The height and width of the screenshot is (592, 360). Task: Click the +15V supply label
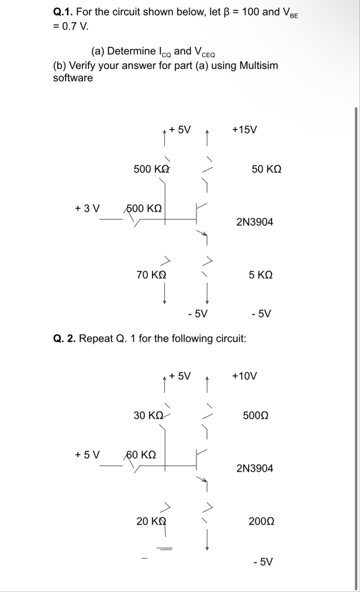[x=244, y=130]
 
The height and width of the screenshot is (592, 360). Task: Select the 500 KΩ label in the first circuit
[x=151, y=169]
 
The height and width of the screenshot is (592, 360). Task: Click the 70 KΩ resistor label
[x=151, y=274]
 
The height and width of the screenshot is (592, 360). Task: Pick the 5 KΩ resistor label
[x=260, y=274]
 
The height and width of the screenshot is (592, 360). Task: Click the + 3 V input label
[x=87, y=208]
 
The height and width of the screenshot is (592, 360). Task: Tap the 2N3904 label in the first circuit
[x=255, y=222]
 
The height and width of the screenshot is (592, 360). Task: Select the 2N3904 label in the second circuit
[x=255, y=468]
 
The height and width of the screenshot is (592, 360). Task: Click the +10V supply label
[x=244, y=376]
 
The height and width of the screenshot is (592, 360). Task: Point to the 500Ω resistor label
[x=257, y=415]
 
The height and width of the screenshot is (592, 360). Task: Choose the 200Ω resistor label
[x=261, y=521]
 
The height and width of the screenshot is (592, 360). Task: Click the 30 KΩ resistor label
[x=149, y=415]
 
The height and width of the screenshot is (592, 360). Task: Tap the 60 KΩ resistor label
[x=142, y=455]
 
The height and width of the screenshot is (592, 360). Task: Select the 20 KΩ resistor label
[x=151, y=521]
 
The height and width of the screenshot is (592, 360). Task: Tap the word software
[x=73, y=78]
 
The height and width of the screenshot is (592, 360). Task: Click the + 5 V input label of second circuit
[x=87, y=455]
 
